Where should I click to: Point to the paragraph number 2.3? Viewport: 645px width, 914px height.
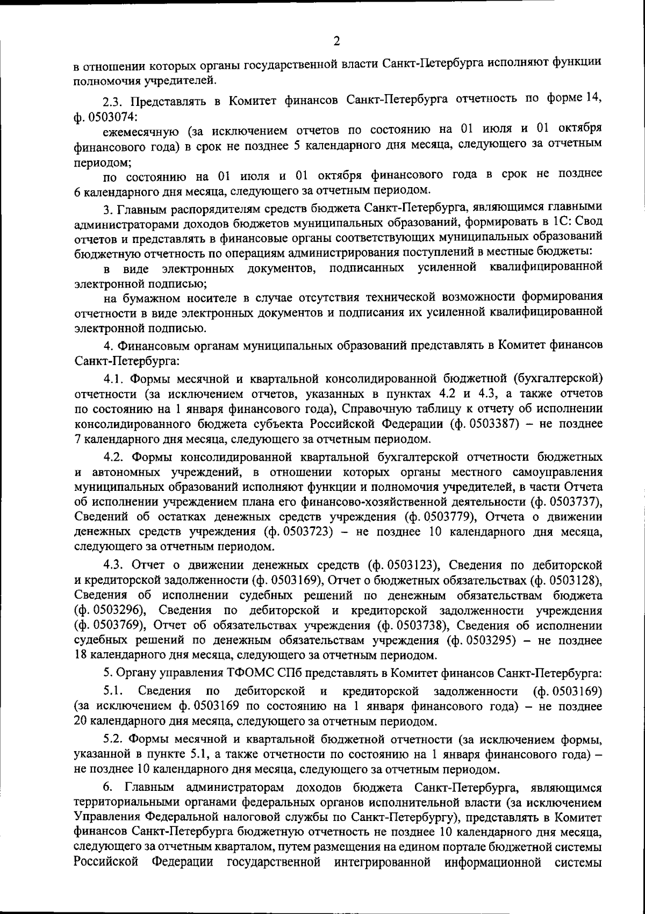click(113, 101)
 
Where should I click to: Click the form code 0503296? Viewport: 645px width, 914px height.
click(115, 610)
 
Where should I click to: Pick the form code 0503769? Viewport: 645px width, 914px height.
click(115, 625)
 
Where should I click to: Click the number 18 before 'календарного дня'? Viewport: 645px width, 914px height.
click(80, 655)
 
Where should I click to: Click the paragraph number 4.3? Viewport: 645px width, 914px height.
click(115, 565)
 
